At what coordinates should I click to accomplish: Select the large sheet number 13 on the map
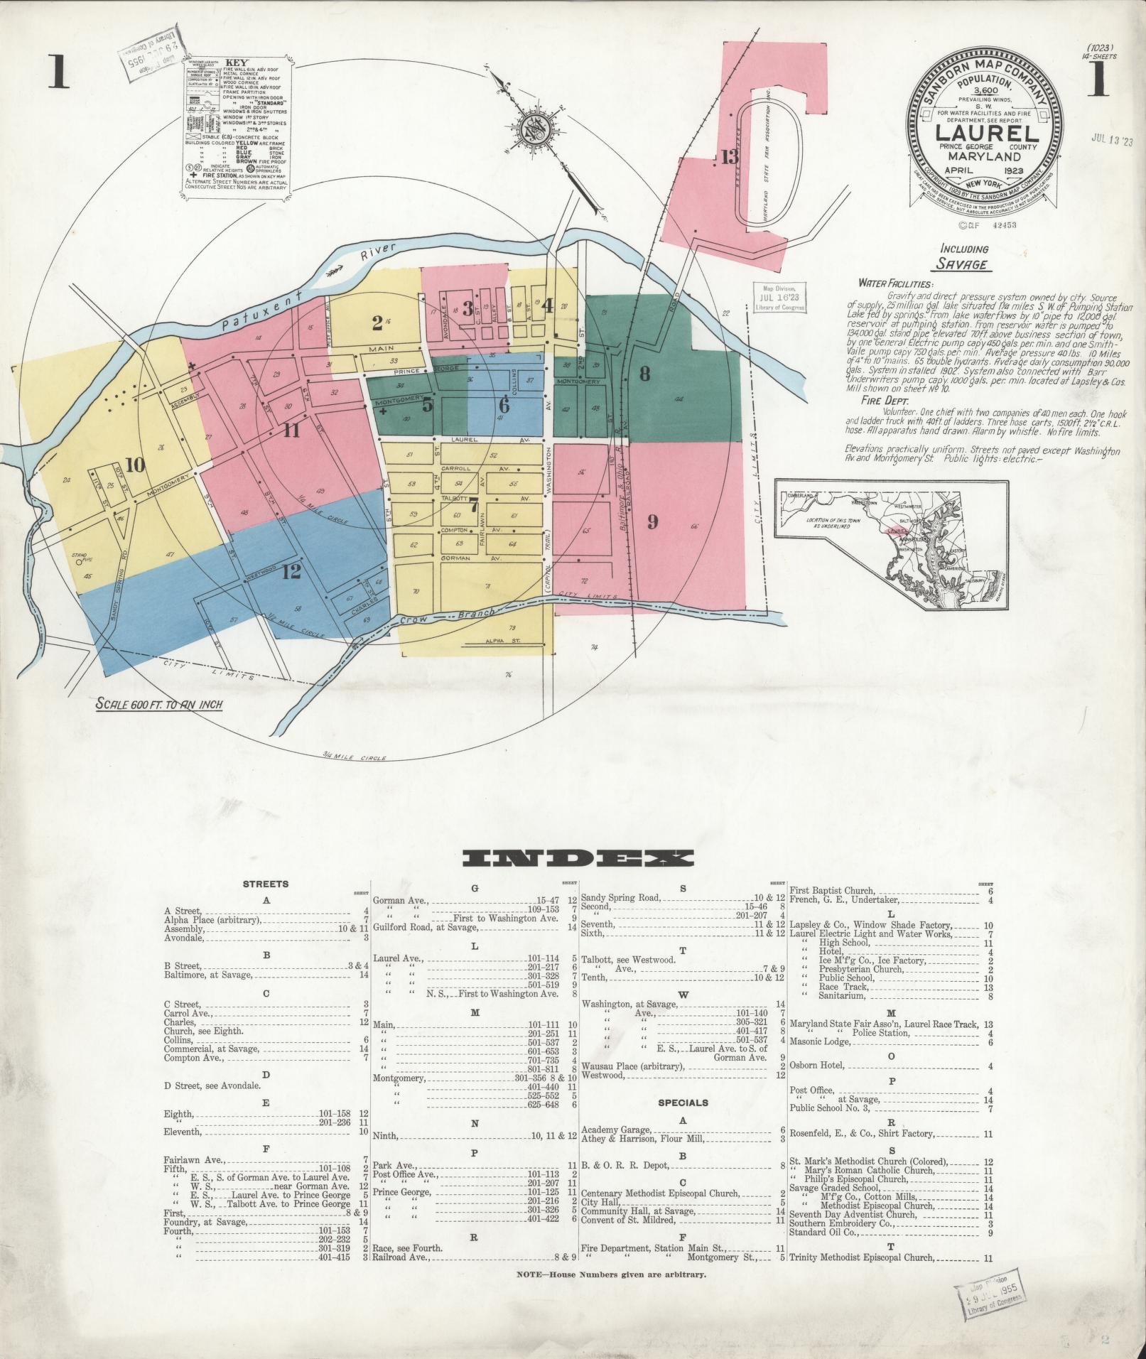730,157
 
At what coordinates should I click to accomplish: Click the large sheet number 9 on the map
652,522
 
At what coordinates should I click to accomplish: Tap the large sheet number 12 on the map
291,571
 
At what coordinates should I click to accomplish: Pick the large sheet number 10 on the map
135,465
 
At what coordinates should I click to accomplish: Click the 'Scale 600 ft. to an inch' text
161,704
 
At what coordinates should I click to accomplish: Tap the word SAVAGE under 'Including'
961,264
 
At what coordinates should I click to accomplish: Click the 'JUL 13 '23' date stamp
1112,141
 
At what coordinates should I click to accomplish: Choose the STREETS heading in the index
266,884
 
